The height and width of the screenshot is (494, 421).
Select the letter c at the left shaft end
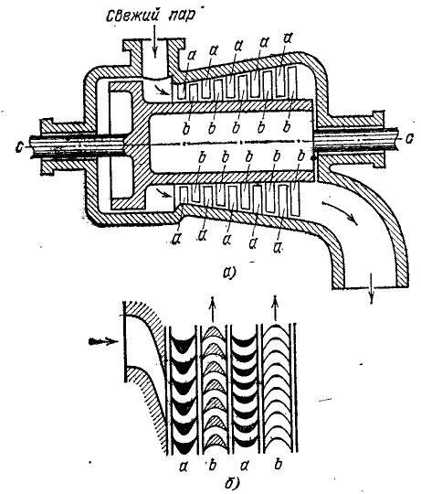click(20, 147)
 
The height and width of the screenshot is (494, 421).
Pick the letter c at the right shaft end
click(409, 138)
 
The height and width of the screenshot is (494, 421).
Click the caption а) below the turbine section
click(228, 273)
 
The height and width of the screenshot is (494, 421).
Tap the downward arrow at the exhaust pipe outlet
click(372, 288)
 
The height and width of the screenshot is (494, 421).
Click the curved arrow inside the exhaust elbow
click(342, 211)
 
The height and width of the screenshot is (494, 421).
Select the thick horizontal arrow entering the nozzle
click(103, 342)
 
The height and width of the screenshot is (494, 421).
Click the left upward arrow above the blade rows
click(213, 309)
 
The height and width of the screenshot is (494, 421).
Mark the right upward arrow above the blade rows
click(276, 310)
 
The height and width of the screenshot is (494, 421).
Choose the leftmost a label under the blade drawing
click(184, 466)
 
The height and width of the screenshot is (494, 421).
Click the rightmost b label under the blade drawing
click(277, 464)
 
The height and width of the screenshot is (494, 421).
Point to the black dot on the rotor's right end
click(313, 158)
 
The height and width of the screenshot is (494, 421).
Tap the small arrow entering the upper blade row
click(163, 91)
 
